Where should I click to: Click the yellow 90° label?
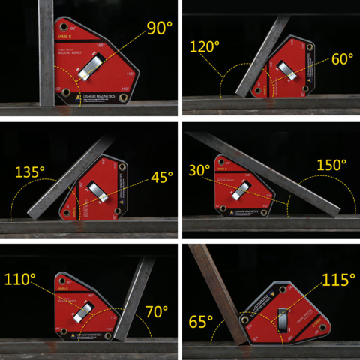click(159, 29)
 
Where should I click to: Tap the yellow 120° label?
click(205, 47)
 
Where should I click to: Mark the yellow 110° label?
click(21, 280)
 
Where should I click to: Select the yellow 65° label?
click(201, 322)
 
